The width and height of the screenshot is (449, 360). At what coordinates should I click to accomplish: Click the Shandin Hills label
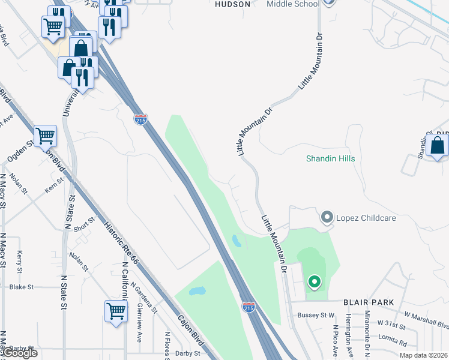coord(331,158)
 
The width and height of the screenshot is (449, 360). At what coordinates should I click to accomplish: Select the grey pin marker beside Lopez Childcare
coord(327,217)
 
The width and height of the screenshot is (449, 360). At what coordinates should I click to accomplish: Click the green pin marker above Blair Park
coord(313,281)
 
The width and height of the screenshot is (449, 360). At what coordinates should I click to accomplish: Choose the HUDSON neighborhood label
coord(232,4)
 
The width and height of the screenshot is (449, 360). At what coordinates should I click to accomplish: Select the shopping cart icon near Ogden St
coord(46,137)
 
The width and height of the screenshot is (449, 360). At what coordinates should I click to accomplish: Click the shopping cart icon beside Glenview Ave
coord(116,311)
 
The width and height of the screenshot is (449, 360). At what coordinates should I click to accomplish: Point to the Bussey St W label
coord(315,315)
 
